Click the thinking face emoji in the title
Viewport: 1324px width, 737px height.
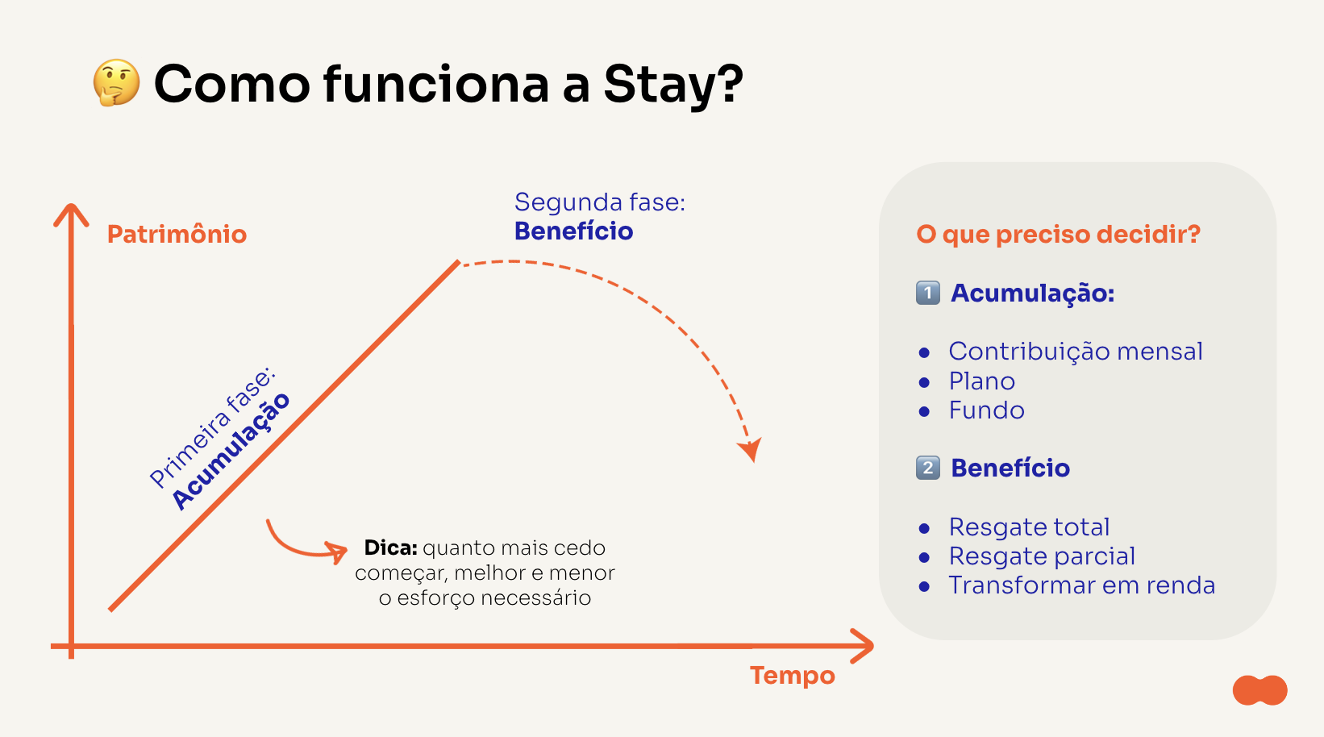click(116, 83)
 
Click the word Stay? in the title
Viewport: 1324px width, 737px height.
click(673, 86)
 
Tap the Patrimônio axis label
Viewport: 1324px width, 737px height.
click(177, 234)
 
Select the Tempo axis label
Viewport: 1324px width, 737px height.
click(792, 675)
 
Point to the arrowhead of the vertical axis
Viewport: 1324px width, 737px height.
click(71, 214)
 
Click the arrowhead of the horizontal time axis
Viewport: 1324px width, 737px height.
click(862, 646)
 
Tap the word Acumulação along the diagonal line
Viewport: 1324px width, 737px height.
click(231, 451)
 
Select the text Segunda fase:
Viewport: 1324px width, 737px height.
click(599, 202)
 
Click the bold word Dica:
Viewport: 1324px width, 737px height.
click(391, 548)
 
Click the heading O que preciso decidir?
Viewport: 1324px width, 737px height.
click(1058, 235)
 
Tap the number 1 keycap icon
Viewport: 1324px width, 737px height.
click(928, 293)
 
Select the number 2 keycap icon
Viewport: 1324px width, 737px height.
click(928, 468)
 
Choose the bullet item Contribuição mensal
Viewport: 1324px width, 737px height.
click(1076, 352)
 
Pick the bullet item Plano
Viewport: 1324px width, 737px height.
click(982, 381)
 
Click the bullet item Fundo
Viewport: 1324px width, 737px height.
click(986, 410)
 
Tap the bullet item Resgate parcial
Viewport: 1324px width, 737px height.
click(1042, 556)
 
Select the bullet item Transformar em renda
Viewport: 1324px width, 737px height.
click(1081, 585)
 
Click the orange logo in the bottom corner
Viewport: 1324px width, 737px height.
click(1259, 690)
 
